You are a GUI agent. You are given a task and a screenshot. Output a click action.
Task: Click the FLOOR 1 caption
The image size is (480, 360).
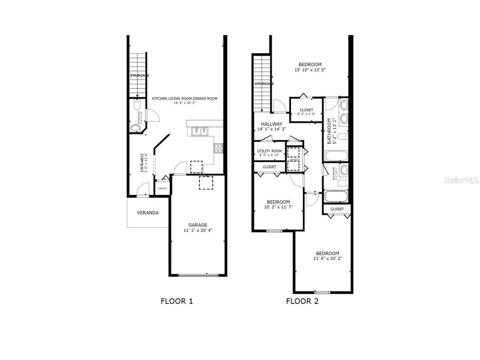[176, 301]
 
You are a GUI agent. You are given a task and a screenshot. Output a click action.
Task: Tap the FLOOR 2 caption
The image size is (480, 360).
[302, 301]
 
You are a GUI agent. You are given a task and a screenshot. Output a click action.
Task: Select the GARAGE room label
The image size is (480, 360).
[198, 225]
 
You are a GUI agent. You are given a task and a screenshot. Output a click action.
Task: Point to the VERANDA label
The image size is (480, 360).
[147, 213]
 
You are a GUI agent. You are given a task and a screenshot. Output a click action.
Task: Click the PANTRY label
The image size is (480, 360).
[163, 188]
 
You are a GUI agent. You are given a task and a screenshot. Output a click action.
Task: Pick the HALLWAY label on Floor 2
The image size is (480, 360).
[271, 124]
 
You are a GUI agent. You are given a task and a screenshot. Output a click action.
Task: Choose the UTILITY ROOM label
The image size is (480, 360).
[270, 151]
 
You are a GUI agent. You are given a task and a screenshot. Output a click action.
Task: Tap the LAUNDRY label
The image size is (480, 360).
[294, 160]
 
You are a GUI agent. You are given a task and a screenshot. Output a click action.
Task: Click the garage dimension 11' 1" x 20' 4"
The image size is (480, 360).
[198, 230]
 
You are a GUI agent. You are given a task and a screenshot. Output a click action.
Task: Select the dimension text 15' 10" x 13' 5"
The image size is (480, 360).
[310, 70]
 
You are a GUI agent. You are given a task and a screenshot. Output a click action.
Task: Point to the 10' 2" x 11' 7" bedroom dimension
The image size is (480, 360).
[278, 207]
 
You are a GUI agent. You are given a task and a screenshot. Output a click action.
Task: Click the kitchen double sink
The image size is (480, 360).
[200, 131]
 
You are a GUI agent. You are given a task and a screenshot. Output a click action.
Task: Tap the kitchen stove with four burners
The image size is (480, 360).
[218, 148]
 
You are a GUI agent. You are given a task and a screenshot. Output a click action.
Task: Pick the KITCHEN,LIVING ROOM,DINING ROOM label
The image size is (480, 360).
[185, 98]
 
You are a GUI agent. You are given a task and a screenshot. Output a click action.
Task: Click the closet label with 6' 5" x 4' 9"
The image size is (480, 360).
[306, 110]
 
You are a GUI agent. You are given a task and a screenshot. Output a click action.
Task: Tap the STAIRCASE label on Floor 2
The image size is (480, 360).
[264, 84]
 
